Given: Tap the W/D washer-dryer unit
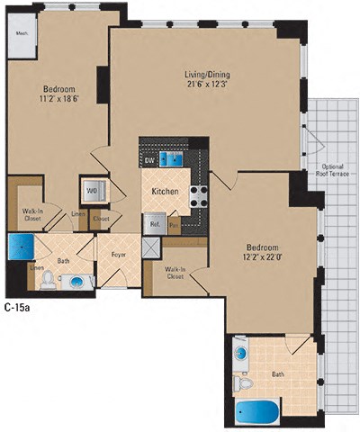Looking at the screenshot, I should [x=93, y=192].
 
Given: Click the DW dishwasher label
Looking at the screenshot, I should [x=149, y=160].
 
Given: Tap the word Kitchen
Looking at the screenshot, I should [x=164, y=193].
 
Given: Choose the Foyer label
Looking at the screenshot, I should [x=117, y=256].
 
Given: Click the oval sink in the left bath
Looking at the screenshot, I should [x=76, y=283].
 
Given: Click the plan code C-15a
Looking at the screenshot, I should [x=16, y=307].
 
